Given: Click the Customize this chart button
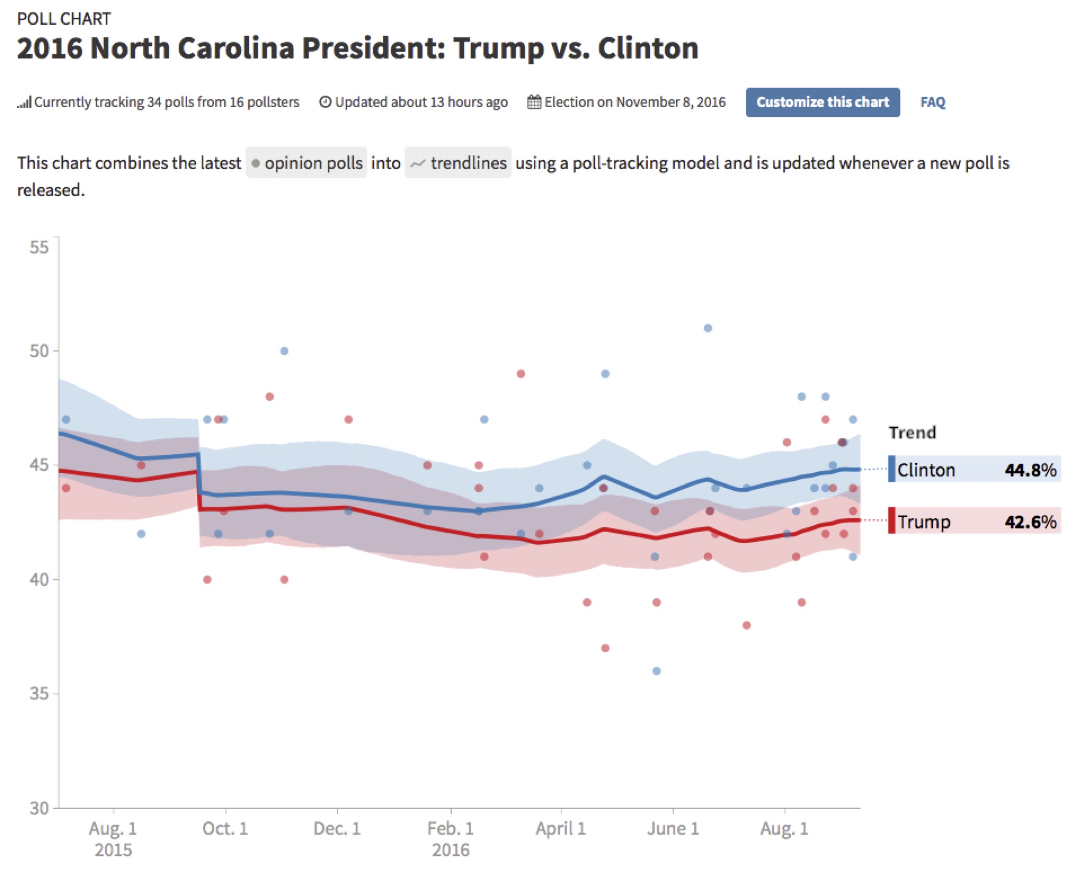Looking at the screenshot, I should (x=822, y=102).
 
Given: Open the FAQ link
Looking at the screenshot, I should (x=932, y=102).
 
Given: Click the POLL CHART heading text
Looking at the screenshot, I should (x=64, y=19).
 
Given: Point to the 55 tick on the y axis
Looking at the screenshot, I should (x=39, y=248).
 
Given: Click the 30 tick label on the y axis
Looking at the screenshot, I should (x=39, y=808).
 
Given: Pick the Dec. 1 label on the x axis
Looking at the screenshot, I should (x=337, y=829).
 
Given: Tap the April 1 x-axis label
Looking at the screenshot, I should (x=560, y=829).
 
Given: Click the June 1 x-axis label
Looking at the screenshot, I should (x=673, y=829).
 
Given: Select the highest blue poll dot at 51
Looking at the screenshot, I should (x=708, y=328).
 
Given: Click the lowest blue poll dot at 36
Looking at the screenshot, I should (x=657, y=671).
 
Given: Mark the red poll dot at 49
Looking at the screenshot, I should (x=521, y=374).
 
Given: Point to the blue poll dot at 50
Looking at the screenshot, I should (x=284, y=351).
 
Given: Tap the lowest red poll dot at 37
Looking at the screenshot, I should (x=605, y=648).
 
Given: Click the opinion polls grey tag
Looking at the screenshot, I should (x=307, y=163).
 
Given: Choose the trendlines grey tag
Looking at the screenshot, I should (x=458, y=163).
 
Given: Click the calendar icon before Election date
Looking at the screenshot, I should (x=534, y=102).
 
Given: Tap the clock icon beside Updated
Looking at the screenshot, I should (x=325, y=102).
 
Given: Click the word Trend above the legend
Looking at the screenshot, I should (x=912, y=433).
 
